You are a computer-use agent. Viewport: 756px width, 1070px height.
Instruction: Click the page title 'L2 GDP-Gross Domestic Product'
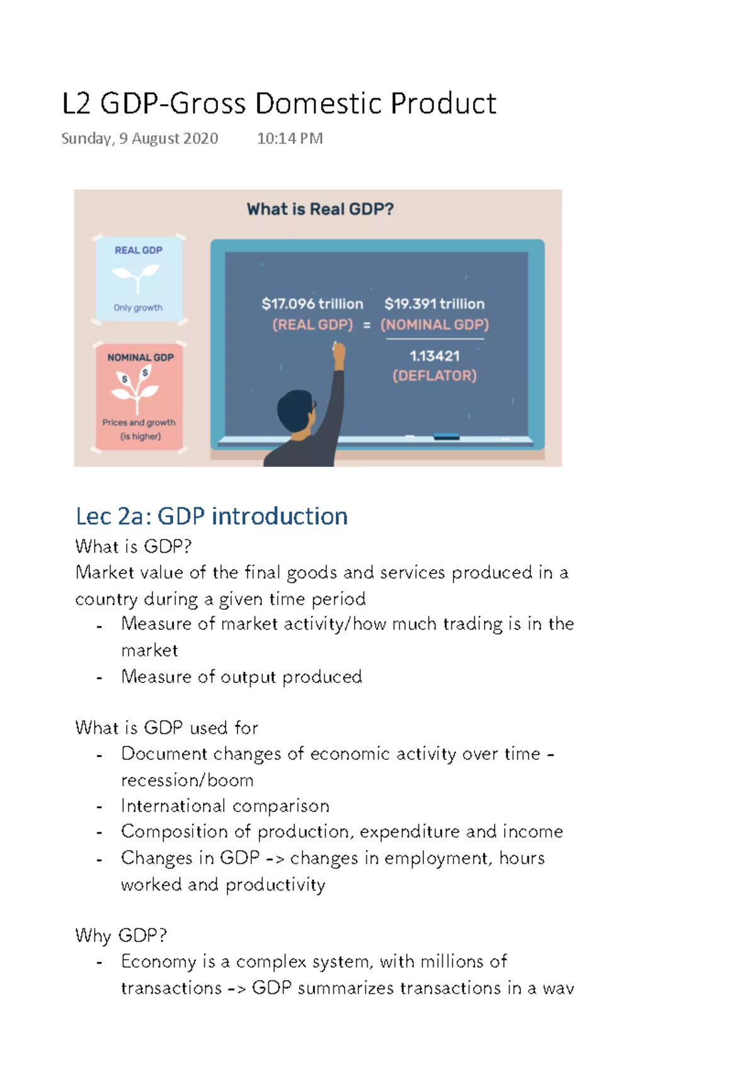click(x=279, y=104)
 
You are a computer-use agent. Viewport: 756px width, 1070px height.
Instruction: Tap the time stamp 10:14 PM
click(x=290, y=139)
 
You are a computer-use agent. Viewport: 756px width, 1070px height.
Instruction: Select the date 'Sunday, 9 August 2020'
click(x=140, y=139)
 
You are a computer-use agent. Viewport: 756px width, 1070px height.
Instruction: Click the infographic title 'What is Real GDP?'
click(x=320, y=209)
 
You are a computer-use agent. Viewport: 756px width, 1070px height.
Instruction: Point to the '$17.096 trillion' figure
click(x=312, y=304)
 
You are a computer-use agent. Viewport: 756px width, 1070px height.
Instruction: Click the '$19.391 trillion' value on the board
click(x=435, y=304)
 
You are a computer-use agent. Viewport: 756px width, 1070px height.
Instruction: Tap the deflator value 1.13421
click(x=435, y=356)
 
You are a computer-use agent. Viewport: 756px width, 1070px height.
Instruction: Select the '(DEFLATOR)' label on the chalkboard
click(x=435, y=376)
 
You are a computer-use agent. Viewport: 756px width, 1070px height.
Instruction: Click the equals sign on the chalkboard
click(x=367, y=325)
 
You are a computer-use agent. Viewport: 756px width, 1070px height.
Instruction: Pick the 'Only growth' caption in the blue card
click(x=138, y=308)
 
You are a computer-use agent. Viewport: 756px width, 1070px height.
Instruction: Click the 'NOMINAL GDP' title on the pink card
click(x=140, y=357)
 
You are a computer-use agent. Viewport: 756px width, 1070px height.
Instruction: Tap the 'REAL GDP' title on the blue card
click(x=139, y=250)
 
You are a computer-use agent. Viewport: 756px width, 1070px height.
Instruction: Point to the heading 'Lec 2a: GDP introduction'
click(x=212, y=516)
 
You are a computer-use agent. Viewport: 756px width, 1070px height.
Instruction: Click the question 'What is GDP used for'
click(x=166, y=728)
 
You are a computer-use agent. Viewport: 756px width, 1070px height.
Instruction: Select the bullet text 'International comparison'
click(x=225, y=806)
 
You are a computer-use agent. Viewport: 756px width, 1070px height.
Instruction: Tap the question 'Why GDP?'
click(x=121, y=935)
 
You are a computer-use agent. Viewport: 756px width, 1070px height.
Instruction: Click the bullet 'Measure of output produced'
click(x=241, y=677)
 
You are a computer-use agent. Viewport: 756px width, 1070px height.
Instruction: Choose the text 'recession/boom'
click(x=187, y=780)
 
